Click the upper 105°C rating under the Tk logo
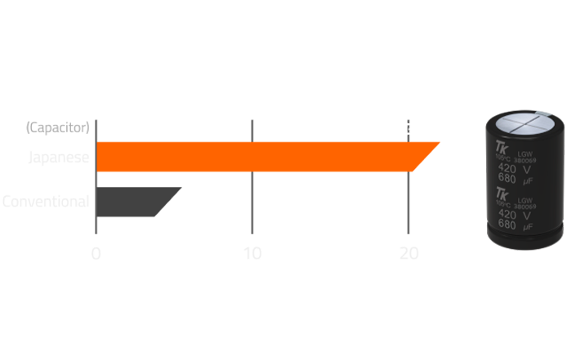click(x=502, y=156)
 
